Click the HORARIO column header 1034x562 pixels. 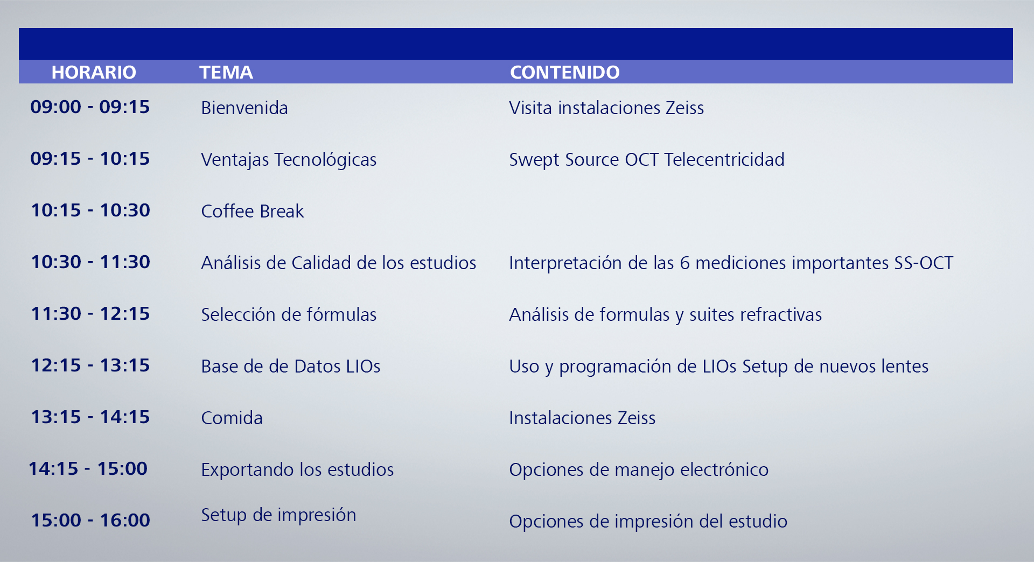[94, 72]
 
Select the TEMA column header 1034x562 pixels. [226, 72]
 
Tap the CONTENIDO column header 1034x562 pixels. [565, 72]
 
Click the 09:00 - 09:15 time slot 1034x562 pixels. [90, 107]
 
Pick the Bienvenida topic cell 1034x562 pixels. [244, 108]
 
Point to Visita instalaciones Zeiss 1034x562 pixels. [606, 108]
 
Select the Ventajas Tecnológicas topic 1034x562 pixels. [289, 160]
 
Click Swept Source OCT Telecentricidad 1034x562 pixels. [647, 160]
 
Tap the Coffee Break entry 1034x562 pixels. [253, 211]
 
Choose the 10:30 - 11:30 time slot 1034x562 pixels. [90, 262]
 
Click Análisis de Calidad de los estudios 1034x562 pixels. [339, 263]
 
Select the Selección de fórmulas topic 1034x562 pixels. [289, 314]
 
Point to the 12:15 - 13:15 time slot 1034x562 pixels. [90, 365]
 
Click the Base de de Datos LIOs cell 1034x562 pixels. [291, 366]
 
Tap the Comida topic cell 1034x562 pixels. [232, 418]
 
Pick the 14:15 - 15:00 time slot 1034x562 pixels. [88, 468]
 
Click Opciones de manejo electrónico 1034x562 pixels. [639, 470]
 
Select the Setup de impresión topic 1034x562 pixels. [278, 515]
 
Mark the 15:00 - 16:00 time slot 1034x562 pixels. [90, 520]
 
